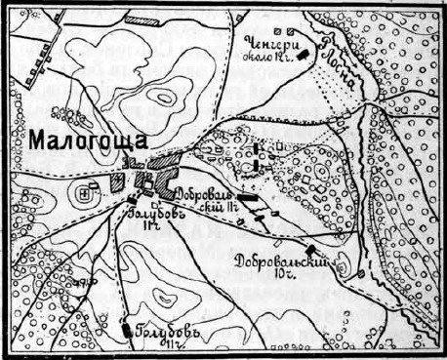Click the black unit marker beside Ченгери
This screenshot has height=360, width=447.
(305, 55)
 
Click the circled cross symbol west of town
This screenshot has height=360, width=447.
(85, 195)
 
